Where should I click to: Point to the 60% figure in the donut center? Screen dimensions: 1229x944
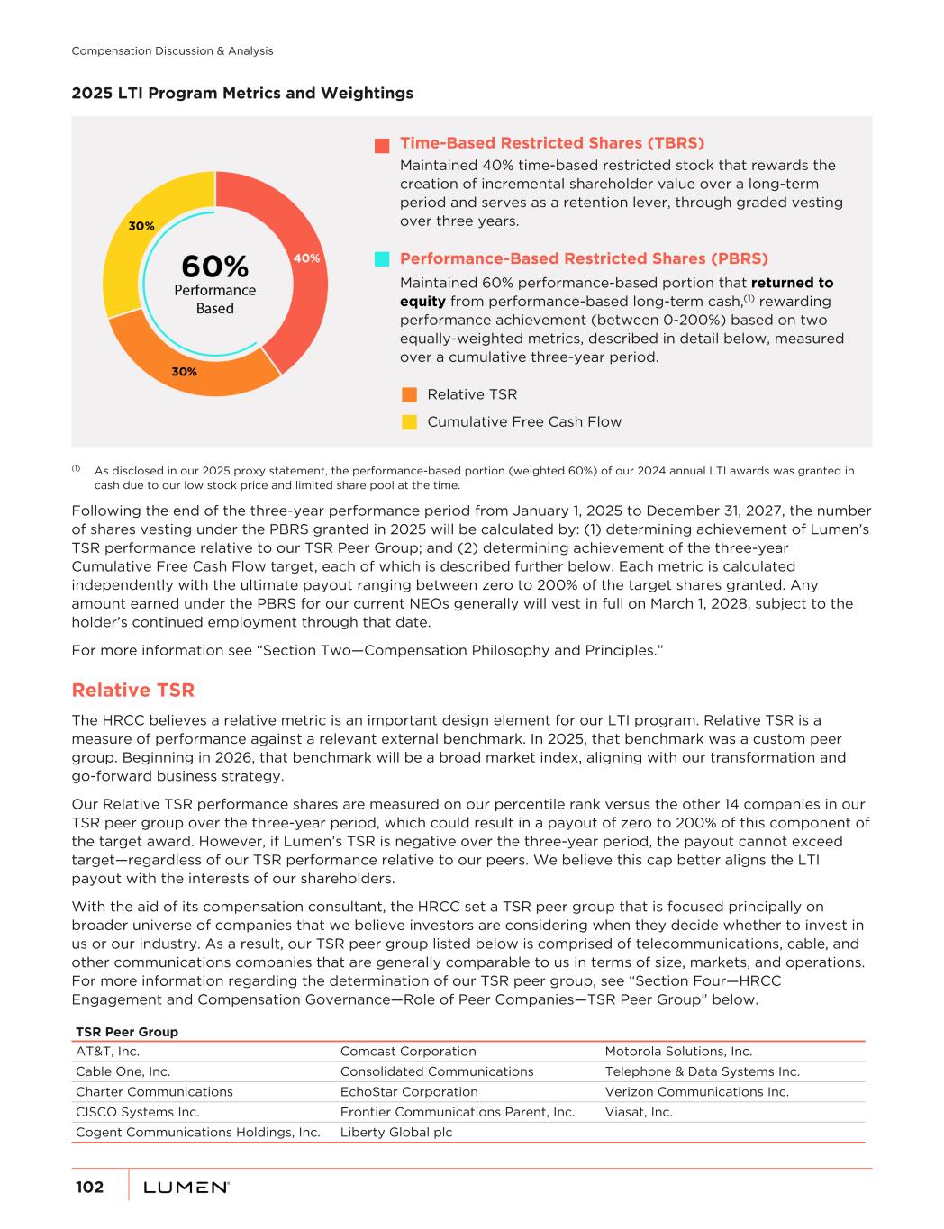[214, 267]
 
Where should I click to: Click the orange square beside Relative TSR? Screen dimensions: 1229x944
[409, 394]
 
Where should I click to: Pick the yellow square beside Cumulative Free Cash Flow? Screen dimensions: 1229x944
[409, 422]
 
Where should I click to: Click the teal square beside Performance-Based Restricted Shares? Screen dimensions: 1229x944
[382, 259]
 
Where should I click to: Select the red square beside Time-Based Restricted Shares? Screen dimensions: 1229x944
[382, 144]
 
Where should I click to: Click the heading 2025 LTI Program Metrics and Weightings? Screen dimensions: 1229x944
[242, 93]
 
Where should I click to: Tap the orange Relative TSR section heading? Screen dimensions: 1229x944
[132, 691]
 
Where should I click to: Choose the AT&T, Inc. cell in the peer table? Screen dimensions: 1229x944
[107, 1052]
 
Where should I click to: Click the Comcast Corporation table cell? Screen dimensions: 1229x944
[408, 1052]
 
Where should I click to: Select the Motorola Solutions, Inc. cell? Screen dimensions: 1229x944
[678, 1052]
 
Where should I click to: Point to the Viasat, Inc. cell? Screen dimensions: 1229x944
[639, 1112]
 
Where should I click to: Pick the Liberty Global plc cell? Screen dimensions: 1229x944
[396, 1133]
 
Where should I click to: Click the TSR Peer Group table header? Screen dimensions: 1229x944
[127, 1032]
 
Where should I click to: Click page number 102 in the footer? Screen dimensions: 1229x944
[89, 1188]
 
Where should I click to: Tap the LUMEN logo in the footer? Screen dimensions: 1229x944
[186, 1188]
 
